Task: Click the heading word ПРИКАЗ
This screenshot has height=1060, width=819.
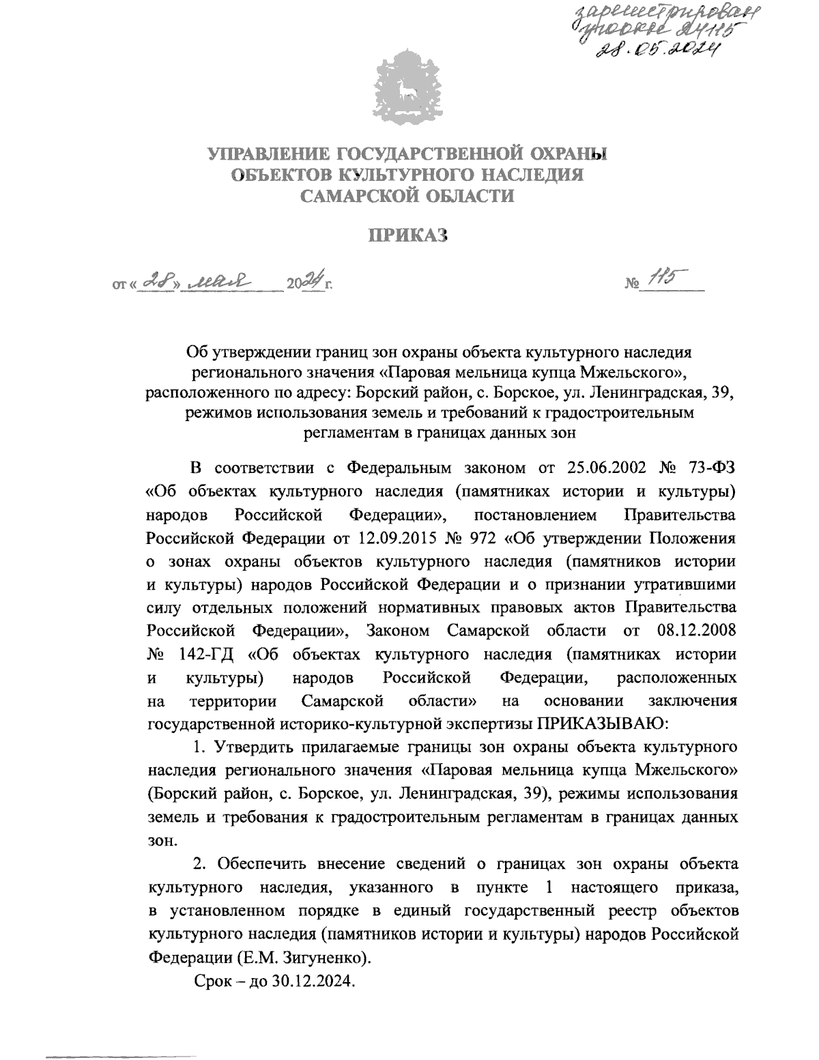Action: pos(407,236)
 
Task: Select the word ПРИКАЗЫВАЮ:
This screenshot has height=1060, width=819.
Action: pos(598,724)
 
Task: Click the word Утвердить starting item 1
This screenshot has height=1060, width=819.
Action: pos(252,747)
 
